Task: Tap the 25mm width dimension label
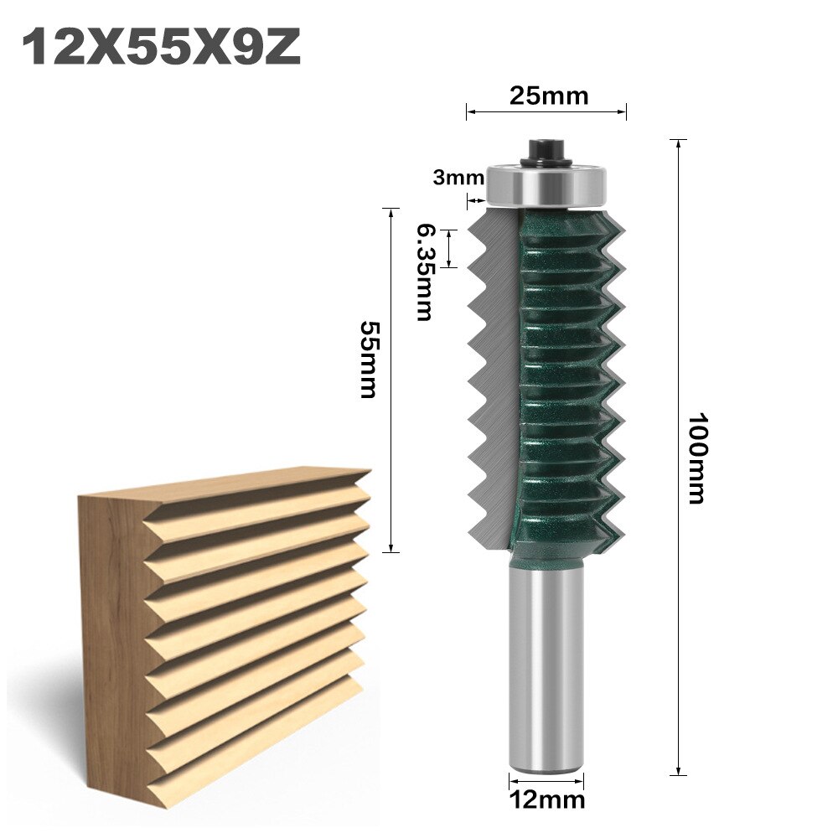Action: click(x=549, y=96)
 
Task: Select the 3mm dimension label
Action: click(x=458, y=177)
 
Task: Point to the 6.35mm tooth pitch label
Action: click(x=424, y=272)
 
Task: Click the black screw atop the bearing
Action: click(x=546, y=152)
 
